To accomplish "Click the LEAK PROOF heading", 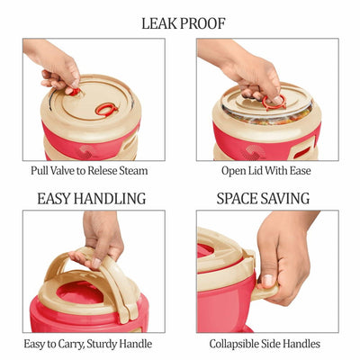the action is pyautogui.click(x=184, y=23).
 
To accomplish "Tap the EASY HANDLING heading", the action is pyautogui.click(x=92, y=199).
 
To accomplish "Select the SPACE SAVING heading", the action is pyautogui.click(x=263, y=199).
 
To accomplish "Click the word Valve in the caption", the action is pyautogui.click(x=61, y=171).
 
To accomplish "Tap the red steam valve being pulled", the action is pyautogui.click(x=74, y=92).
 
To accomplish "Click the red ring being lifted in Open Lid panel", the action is pyautogui.click(x=274, y=103).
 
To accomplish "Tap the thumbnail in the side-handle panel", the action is pyautogui.click(x=267, y=281).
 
